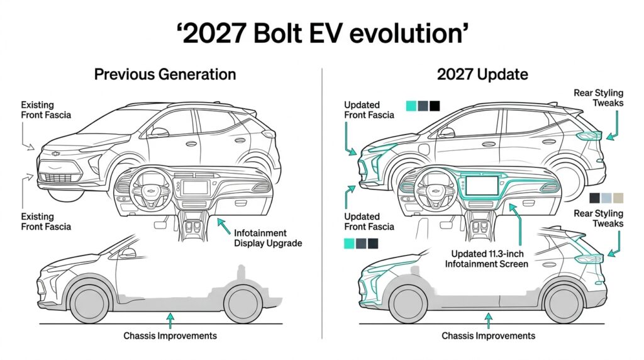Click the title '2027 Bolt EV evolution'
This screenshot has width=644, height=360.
click(x=321, y=33)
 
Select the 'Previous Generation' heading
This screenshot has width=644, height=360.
click(x=165, y=74)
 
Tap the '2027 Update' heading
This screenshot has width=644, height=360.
click(x=482, y=74)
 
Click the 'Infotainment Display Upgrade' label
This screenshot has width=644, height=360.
click(x=268, y=238)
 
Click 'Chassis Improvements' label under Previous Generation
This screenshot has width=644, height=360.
click(x=170, y=335)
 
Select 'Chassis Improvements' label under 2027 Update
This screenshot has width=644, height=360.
click(x=488, y=335)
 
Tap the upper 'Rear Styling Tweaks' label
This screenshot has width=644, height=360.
click(x=598, y=98)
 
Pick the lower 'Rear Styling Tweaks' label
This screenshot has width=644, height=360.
click(x=598, y=218)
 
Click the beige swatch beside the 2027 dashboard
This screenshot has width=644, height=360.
click(x=619, y=198)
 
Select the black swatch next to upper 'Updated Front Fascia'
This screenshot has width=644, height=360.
click(x=435, y=106)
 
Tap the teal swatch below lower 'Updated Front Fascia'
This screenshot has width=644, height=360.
click(x=348, y=243)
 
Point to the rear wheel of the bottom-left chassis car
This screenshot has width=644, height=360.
click(x=243, y=302)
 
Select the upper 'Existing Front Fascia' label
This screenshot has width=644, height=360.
click(x=46, y=110)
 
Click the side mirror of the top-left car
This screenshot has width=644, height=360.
click(x=159, y=132)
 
